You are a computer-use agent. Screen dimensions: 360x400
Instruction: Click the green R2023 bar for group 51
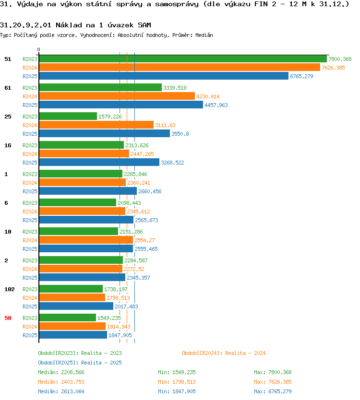tap(183, 59)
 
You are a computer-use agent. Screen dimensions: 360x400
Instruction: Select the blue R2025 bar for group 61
tap(121, 105)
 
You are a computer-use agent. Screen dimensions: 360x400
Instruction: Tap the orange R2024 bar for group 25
tap(96, 125)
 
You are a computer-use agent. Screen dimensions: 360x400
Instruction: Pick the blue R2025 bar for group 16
tap(99, 162)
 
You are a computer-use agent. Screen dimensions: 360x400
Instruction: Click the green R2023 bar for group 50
tap(67, 318)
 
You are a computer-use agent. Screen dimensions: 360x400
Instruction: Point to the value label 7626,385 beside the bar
tap(333, 68)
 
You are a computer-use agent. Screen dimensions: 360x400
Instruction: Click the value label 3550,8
tap(180, 134)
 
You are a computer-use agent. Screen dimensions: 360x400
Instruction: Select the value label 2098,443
tap(129, 203)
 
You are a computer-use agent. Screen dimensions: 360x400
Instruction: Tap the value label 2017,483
tap(126, 306)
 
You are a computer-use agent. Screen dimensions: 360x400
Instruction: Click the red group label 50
tap(8, 318)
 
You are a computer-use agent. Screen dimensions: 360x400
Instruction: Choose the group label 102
tap(10, 289)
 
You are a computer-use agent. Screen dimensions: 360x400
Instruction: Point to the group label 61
tap(8, 88)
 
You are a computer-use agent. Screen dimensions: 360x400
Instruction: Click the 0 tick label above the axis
tap(38, 49)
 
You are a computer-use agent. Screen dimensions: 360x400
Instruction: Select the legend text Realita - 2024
tap(245, 353)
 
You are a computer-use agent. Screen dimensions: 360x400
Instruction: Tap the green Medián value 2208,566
tap(72, 373)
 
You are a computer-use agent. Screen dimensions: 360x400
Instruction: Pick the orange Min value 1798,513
tap(184, 382)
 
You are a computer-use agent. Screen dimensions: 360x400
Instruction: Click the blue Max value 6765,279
tap(280, 391)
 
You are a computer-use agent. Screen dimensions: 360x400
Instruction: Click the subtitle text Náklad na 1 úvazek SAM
tap(103, 25)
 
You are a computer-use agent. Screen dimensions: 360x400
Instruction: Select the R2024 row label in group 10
tap(30, 240)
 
